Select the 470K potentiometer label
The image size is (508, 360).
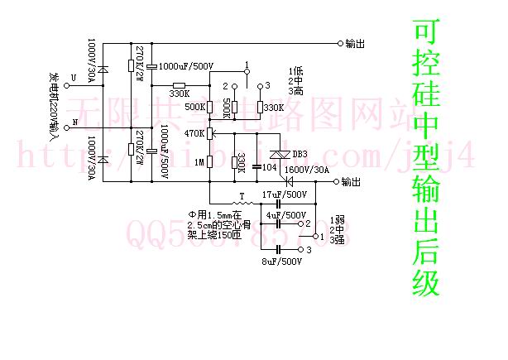[194, 132]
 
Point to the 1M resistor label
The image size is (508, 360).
[199, 161]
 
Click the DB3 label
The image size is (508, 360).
[300, 154]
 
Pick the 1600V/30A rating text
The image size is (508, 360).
[306, 170]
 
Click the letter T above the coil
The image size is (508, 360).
[241, 195]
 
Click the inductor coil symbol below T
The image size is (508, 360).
[242, 204]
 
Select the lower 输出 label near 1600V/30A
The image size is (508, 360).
[350, 181]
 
